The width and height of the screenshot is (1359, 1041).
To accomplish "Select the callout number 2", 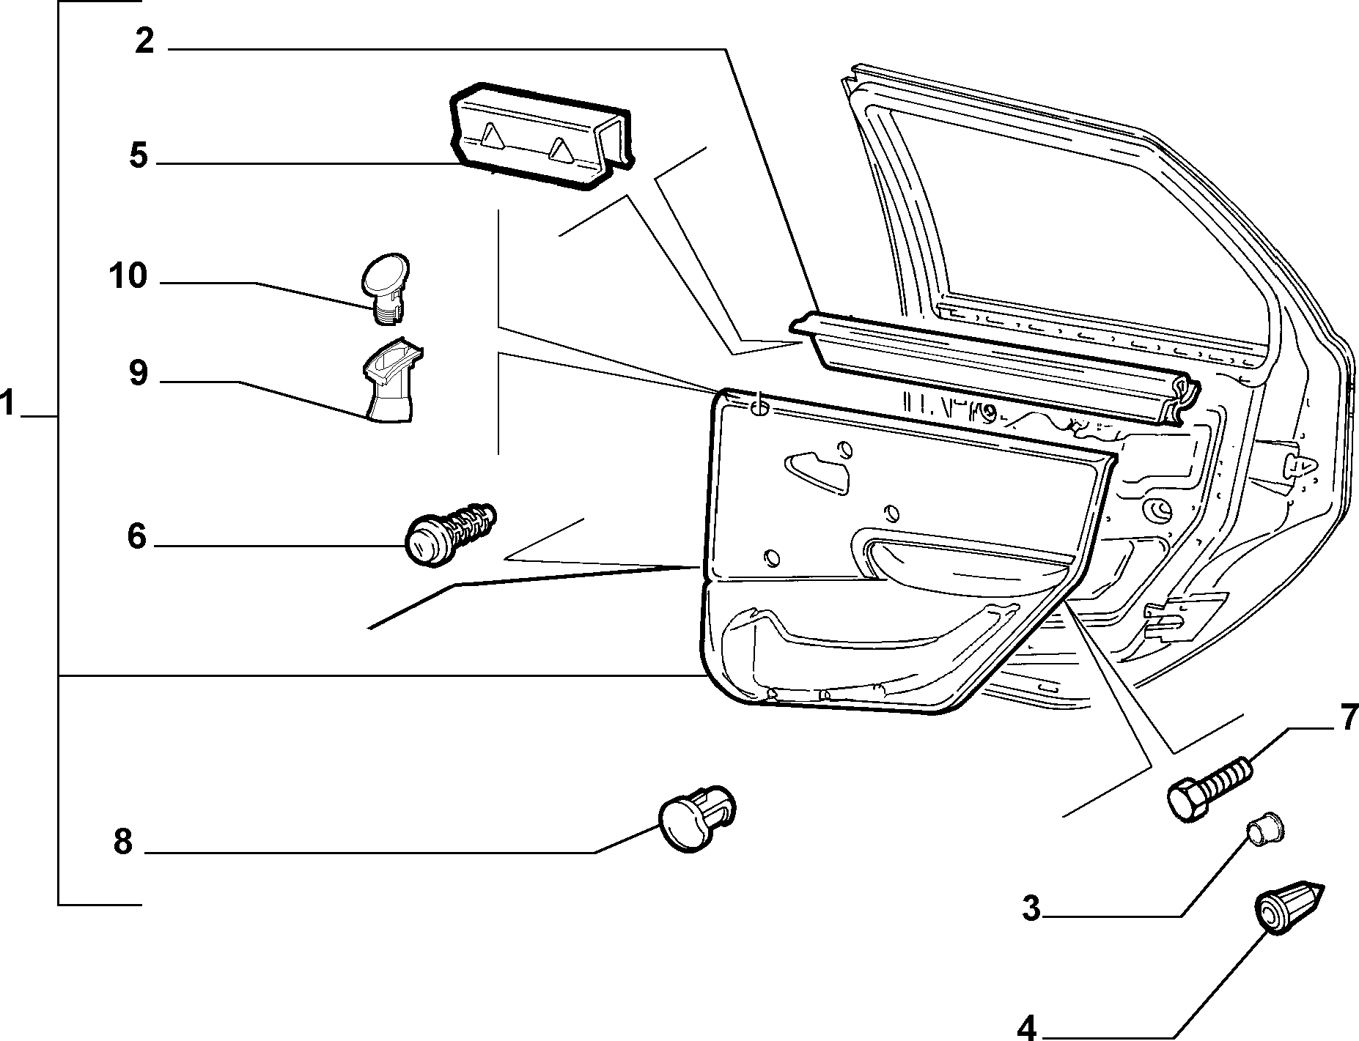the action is (144, 41).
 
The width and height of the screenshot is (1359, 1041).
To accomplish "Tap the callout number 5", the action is (139, 156).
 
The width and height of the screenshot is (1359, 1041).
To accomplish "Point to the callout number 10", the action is (128, 277).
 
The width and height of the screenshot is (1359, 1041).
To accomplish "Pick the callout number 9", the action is (138, 374).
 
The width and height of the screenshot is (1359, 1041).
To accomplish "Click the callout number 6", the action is (137, 537).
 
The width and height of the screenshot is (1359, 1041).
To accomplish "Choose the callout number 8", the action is (122, 842).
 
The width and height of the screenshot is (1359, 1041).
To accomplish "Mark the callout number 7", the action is (1349, 718).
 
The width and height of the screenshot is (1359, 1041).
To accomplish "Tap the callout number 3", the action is (1031, 909).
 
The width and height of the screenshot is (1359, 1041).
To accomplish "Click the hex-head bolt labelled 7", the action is (1209, 790).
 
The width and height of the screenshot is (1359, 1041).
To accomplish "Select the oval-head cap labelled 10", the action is (386, 289).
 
